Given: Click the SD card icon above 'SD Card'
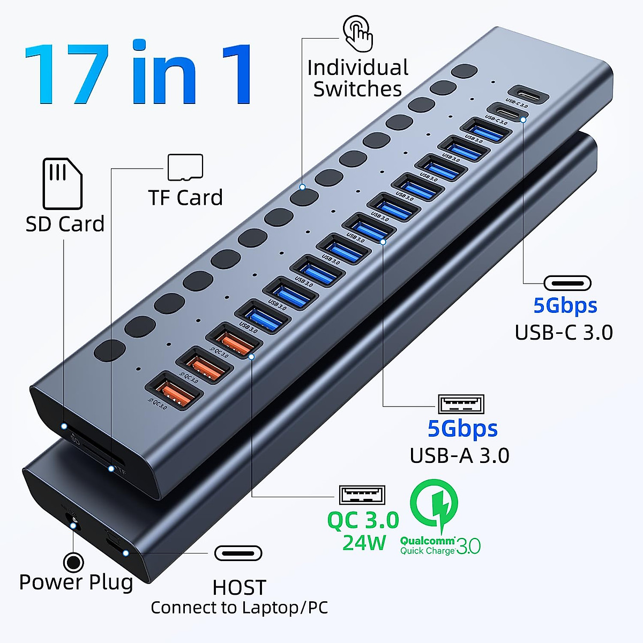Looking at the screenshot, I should [x=62, y=183].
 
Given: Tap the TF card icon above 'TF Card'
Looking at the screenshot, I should [x=185, y=167].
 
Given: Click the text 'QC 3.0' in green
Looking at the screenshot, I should [x=363, y=520].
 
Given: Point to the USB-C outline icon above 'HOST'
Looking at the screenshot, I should [x=238, y=553].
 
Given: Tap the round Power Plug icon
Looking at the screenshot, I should [x=73, y=563].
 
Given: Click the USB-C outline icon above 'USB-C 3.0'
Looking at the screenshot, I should [x=567, y=283].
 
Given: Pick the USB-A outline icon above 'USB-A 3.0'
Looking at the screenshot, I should [x=461, y=404].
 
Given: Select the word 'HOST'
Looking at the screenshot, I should [x=239, y=588].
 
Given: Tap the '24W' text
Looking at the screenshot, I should [x=364, y=543].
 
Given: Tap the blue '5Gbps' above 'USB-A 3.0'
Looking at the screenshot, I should [x=462, y=429].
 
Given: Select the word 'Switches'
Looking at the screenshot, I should [x=357, y=89].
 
